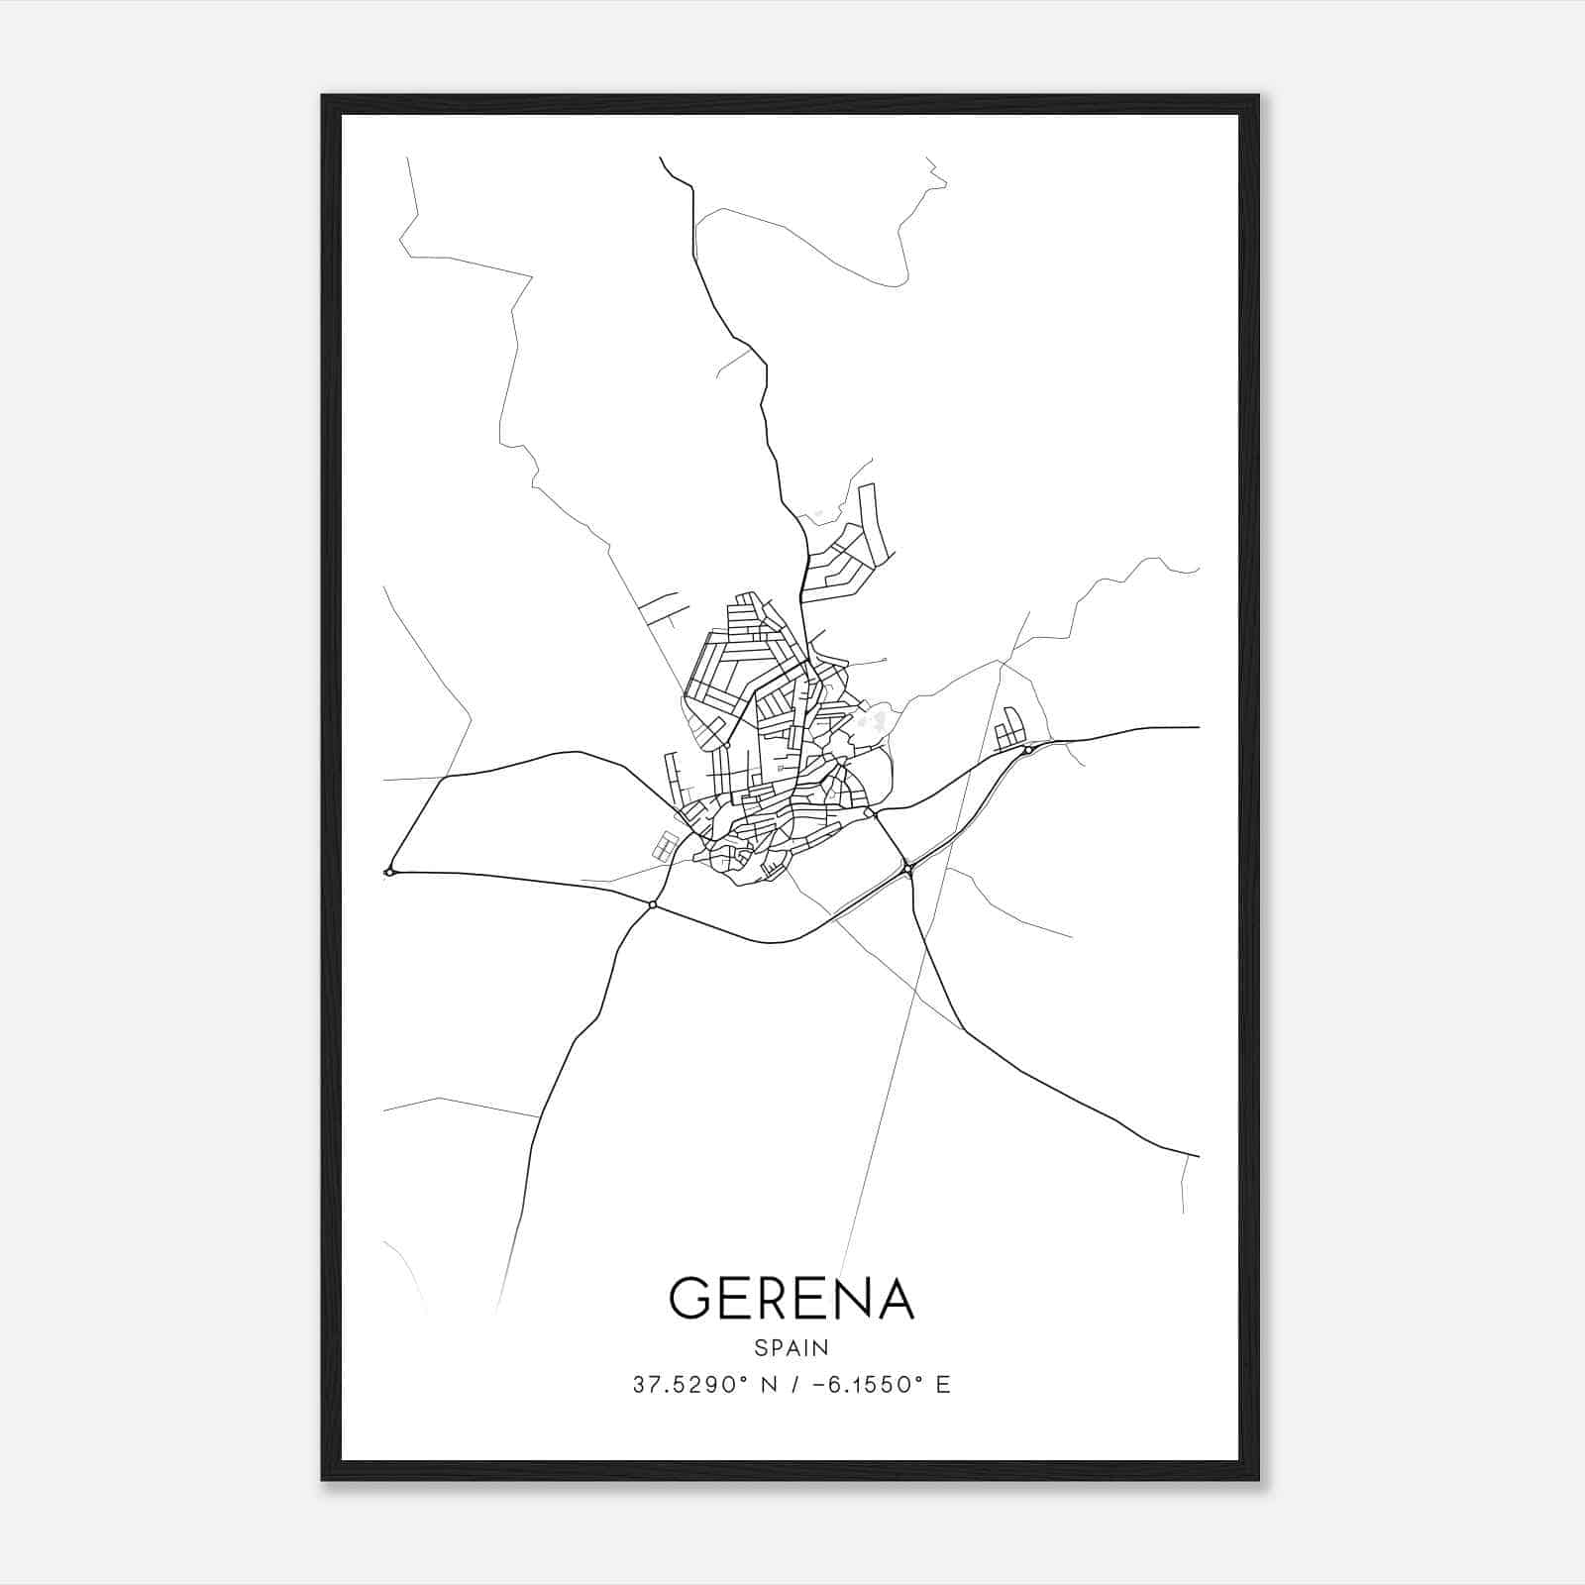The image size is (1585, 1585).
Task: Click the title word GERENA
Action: point(792,1298)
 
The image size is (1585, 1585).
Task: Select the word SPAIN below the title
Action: point(792,1348)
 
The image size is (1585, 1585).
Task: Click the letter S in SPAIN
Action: point(760,1348)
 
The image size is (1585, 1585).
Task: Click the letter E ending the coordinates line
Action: point(943,1385)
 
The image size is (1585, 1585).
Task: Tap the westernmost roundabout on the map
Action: point(390,872)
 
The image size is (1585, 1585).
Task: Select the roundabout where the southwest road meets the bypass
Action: point(652,904)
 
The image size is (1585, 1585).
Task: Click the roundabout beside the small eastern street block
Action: point(1028,751)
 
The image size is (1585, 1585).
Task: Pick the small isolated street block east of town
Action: point(1008,729)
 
